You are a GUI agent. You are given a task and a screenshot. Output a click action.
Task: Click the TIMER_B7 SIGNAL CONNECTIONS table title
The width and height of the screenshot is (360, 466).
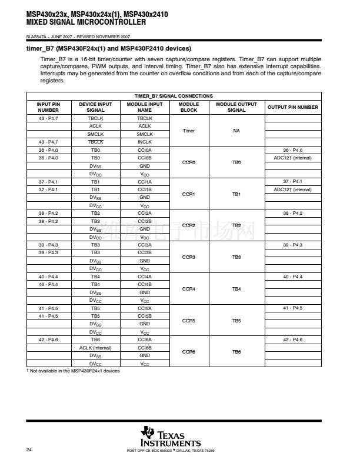174,96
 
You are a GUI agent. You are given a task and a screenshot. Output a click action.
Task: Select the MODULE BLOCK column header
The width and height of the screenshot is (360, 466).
189,107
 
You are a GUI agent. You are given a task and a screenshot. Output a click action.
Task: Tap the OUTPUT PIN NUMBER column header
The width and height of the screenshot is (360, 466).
292,107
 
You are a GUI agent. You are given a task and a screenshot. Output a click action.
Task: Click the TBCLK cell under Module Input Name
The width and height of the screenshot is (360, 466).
145,118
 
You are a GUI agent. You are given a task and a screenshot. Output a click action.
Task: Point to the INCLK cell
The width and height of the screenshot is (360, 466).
145,142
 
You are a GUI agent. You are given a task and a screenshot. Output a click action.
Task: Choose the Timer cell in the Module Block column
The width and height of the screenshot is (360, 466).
189,130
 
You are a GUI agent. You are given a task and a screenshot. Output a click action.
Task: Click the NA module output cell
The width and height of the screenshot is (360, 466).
236,130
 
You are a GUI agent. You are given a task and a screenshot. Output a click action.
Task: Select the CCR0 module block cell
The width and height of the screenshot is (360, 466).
189,162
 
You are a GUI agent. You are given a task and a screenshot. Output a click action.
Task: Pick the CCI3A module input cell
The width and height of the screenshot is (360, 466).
145,245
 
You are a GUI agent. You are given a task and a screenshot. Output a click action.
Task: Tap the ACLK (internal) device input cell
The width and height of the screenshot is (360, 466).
95,348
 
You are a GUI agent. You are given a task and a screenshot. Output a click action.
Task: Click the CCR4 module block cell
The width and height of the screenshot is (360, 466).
189,288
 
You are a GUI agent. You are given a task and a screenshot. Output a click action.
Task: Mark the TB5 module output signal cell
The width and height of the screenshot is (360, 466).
236,320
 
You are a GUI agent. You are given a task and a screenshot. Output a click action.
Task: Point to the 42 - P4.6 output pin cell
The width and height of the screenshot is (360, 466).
292,340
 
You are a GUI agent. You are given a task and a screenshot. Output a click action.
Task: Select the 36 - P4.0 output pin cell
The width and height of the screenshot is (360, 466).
292,150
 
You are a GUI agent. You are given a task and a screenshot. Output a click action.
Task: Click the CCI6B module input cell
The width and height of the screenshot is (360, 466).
145,348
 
